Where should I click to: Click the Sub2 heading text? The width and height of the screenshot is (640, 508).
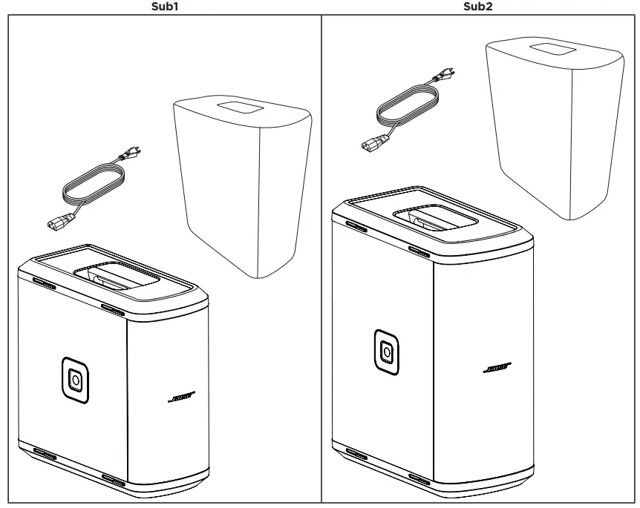[x=478, y=7]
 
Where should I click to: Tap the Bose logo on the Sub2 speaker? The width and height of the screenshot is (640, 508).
[x=495, y=368]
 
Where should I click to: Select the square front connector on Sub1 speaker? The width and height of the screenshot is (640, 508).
[x=75, y=380]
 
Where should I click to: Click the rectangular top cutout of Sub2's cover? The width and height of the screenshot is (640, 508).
[x=552, y=47]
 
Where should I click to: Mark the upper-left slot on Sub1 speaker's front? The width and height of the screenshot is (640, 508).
[x=44, y=283]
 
